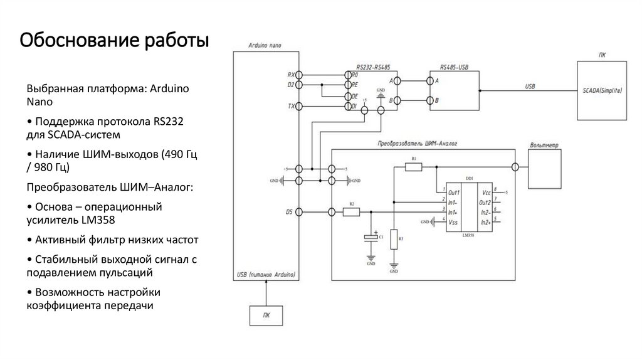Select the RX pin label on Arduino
(291, 74)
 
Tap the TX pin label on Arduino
(291, 107)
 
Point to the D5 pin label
(290, 212)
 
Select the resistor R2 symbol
(351, 212)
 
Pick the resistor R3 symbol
(394, 239)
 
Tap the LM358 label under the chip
(468, 236)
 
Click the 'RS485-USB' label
(455, 66)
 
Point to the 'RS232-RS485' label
(373, 66)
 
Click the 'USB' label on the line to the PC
(530, 86)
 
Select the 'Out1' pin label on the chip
(455, 192)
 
